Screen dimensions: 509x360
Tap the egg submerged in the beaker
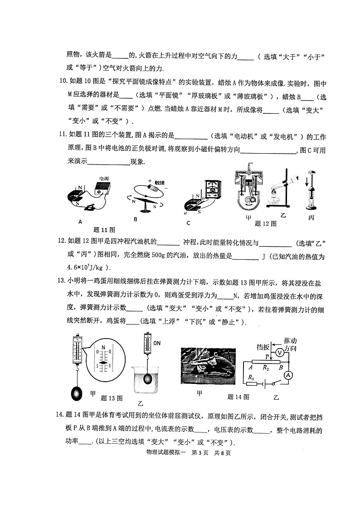click(x=148, y=379)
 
